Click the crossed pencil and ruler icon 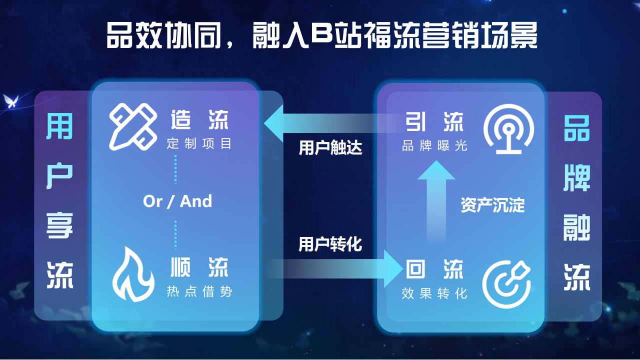pos(133,126)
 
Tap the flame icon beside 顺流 pos(133,274)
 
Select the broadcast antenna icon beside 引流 pos(508,128)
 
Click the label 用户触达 pos(330,147)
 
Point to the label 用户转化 pos(330,244)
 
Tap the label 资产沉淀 pos(493,205)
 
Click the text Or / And pos(177,201)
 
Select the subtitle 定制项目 pos(199,143)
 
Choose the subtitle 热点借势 pos(199,291)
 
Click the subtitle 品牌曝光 pos(434,145)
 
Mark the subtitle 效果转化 pos(434,293)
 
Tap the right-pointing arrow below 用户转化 pos(334,269)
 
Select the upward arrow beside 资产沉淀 pos(436,203)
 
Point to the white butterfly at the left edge pos(11,101)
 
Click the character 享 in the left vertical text pos(59,225)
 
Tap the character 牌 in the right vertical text pos(577,178)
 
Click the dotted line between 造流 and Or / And pos(175,169)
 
